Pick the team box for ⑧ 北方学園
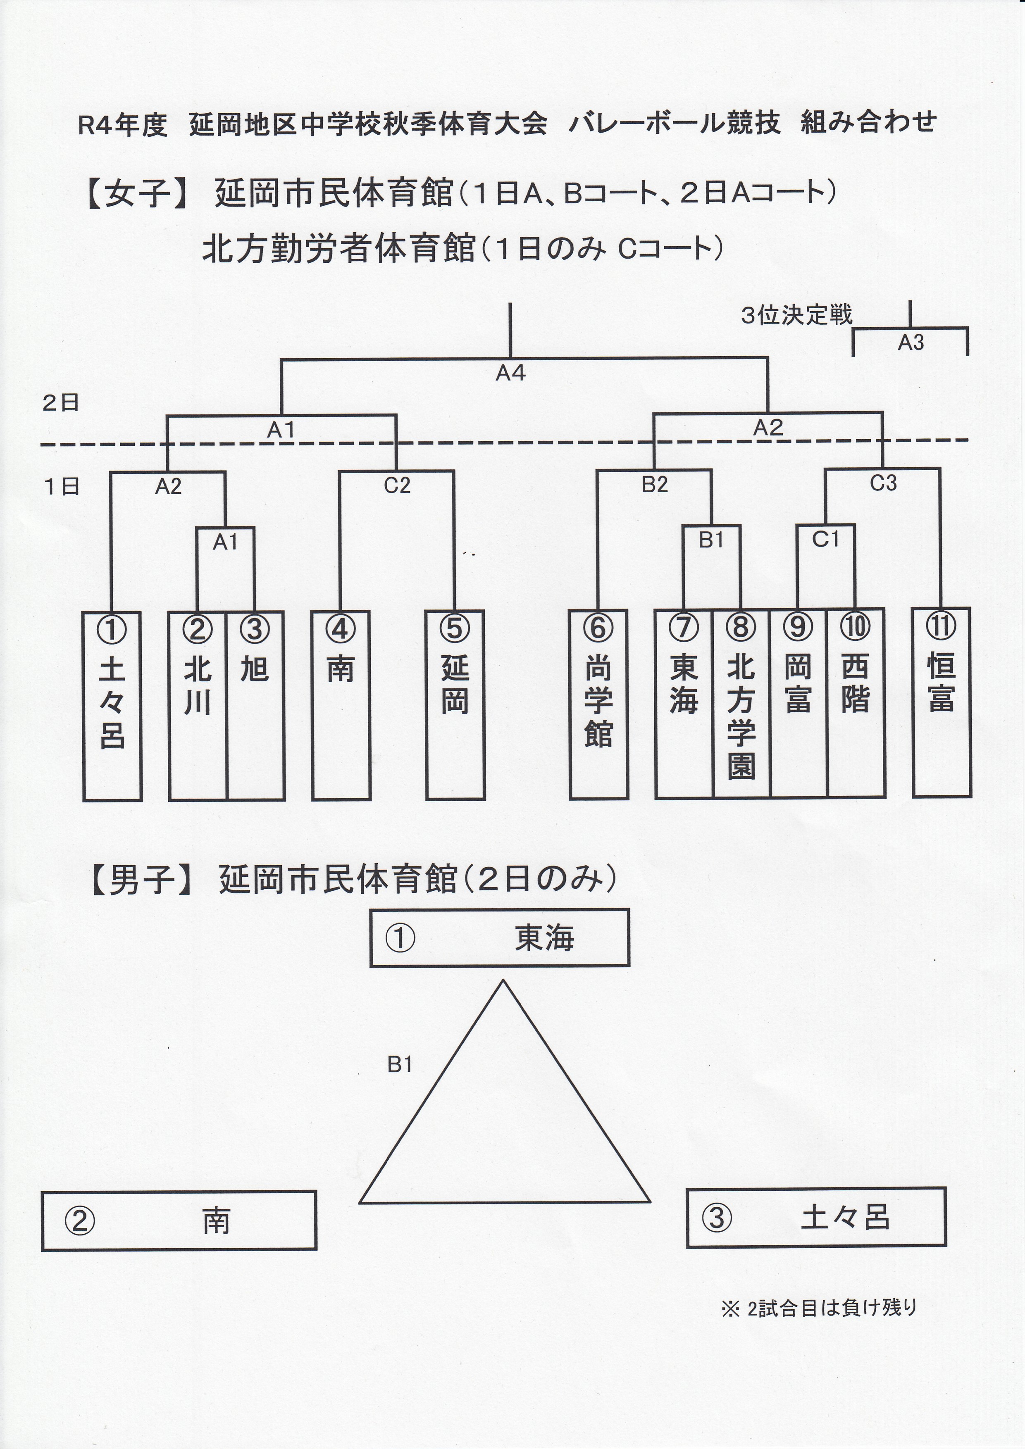741,704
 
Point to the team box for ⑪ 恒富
941,702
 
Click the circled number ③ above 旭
255,629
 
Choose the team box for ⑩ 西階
855,703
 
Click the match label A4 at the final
510,374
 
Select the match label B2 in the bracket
655,485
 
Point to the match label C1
825,540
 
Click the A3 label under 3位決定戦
911,343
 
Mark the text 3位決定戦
796,315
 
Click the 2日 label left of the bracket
61,403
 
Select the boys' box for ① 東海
499,938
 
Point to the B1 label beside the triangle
400,1065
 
